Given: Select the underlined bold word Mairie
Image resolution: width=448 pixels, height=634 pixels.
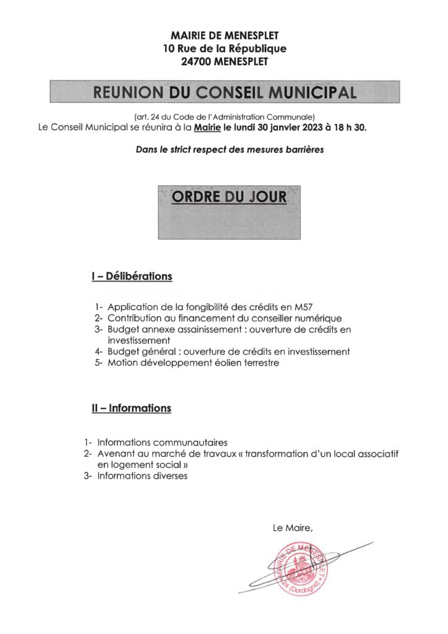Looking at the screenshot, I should coord(207,128).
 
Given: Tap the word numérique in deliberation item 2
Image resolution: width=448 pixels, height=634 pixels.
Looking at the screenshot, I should coord(306,319).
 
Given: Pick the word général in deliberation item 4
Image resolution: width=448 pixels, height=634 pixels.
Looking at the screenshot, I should coord(163,352).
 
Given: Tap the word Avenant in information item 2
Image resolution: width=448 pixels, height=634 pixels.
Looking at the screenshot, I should coord(116,454).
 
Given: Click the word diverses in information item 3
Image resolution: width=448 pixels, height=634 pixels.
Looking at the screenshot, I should coord(166,475).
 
